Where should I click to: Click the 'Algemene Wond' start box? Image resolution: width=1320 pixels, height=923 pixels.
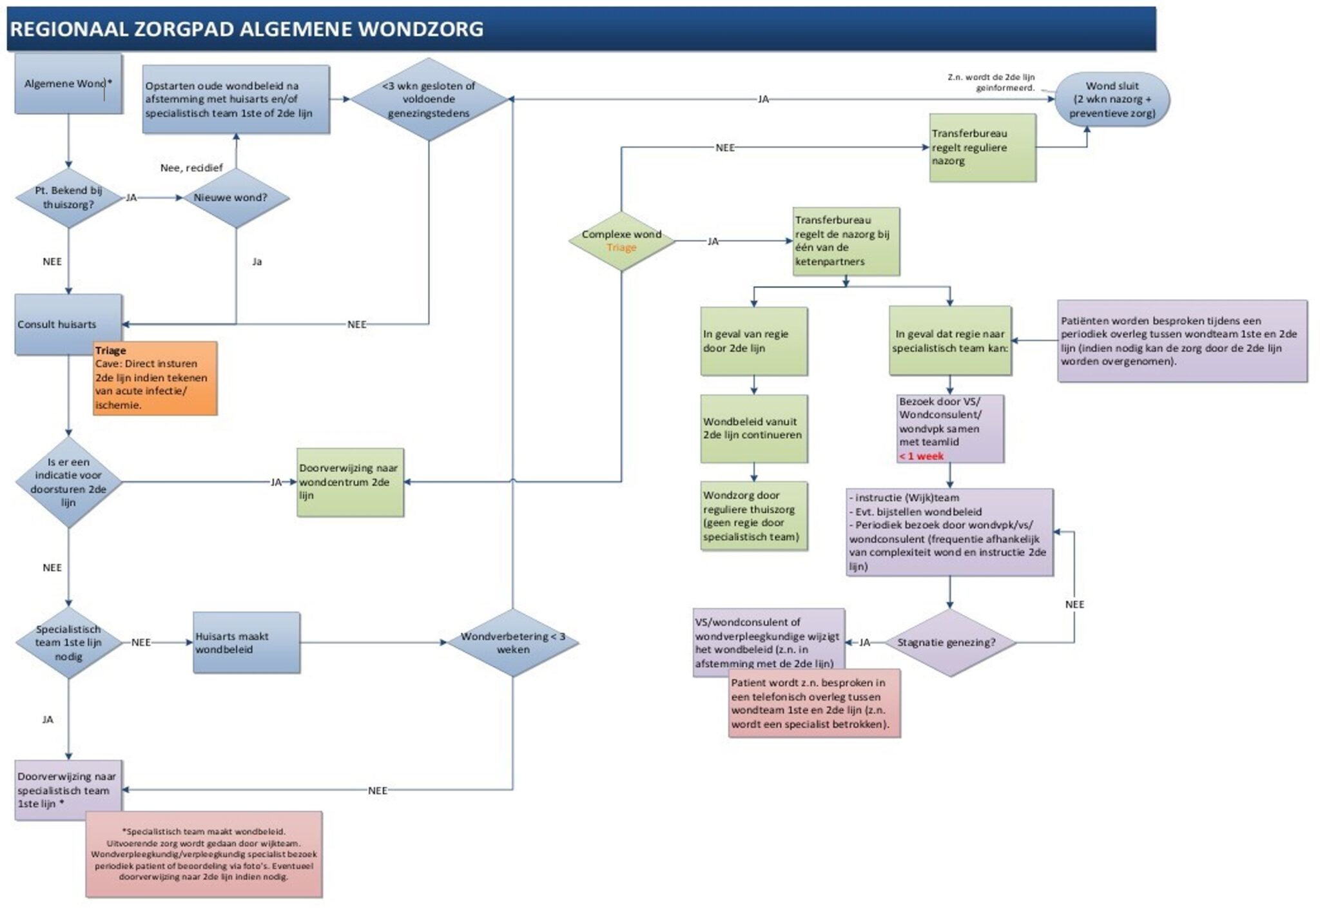pos(68,84)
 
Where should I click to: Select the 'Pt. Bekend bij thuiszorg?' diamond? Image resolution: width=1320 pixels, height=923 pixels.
pos(68,198)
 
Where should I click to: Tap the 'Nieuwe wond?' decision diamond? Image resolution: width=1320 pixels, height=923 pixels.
pos(236,198)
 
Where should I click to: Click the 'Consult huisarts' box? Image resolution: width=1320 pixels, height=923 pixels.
pos(68,324)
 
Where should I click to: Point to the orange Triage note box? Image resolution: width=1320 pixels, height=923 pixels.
pos(155,378)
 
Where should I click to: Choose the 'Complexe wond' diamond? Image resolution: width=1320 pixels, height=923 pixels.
pos(621,241)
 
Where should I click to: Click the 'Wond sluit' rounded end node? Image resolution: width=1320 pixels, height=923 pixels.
pos(1112,99)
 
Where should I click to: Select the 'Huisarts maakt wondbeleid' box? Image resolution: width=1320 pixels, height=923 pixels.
pos(247,643)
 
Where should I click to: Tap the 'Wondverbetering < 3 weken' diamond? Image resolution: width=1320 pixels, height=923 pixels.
pos(513,643)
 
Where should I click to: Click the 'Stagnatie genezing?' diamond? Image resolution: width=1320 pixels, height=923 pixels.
pos(950,643)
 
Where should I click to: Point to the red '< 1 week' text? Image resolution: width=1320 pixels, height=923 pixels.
pos(922,456)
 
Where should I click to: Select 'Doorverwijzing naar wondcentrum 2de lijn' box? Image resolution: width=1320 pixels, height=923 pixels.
pos(351,482)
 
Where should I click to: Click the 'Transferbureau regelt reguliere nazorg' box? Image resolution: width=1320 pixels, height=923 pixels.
pos(983,148)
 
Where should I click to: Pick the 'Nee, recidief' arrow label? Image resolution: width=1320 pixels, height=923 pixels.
pos(191,168)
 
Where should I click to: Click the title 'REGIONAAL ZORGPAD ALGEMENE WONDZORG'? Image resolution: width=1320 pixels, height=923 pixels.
pos(247,29)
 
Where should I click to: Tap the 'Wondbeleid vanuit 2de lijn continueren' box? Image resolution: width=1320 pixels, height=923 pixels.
pos(754,429)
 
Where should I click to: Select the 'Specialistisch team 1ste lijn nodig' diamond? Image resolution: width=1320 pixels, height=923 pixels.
pos(68,643)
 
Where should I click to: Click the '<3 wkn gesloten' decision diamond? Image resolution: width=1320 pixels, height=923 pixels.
pos(429,99)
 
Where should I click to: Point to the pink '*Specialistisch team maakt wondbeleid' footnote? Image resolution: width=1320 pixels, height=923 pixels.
pos(204,854)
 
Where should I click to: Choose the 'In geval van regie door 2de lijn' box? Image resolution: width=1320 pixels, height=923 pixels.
pos(754,341)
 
